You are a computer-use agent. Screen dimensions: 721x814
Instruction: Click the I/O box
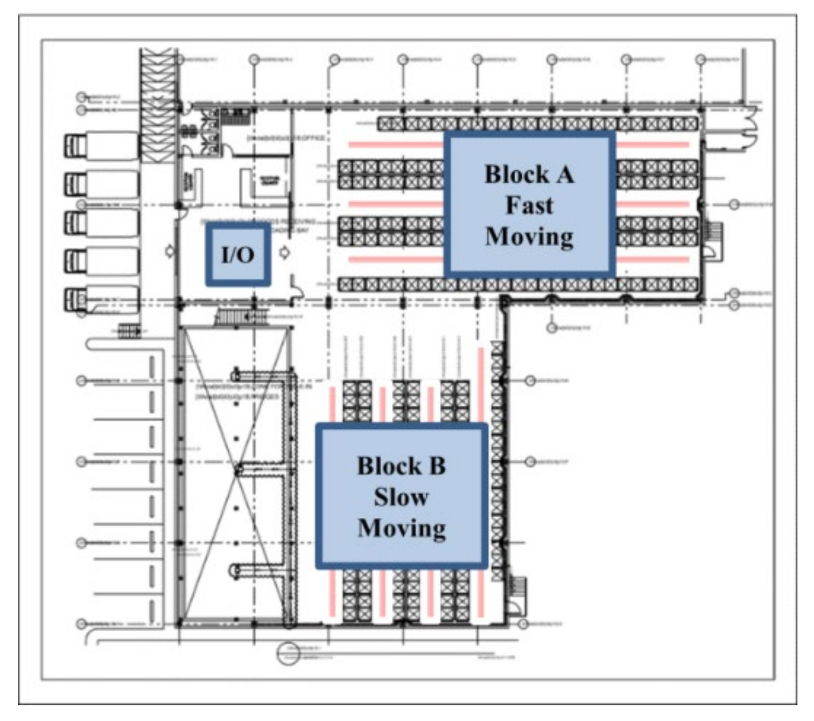pyautogui.click(x=238, y=254)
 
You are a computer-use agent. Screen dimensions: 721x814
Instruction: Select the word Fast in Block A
pyautogui.click(x=529, y=205)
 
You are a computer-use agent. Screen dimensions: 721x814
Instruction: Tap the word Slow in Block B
pyautogui.click(x=402, y=497)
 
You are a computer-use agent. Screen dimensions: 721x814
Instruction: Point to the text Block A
pyautogui.click(x=529, y=174)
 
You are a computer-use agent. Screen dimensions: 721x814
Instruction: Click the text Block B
pyautogui.click(x=402, y=466)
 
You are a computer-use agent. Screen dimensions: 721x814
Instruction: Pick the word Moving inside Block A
pyautogui.click(x=529, y=237)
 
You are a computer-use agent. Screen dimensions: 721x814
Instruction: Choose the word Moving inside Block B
pyautogui.click(x=402, y=528)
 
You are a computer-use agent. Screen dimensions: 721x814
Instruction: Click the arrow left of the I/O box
pyautogui.click(x=170, y=251)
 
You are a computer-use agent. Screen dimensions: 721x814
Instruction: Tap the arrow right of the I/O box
pyautogui.click(x=285, y=252)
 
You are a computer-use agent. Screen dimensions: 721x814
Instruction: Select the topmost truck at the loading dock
pyautogui.click(x=101, y=145)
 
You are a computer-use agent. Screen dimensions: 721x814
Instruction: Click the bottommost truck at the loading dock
pyautogui.click(x=101, y=300)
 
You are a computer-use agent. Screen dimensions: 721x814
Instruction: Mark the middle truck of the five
pyautogui.click(x=101, y=223)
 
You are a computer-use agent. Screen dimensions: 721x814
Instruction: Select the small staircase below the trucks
pyautogui.click(x=129, y=330)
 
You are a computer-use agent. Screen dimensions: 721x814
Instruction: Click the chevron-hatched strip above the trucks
pyautogui.click(x=159, y=102)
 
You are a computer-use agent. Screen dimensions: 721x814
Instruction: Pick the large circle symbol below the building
pyautogui.click(x=288, y=654)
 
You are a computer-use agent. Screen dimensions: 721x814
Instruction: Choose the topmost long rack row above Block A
pyautogui.click(x=538, y=124)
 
